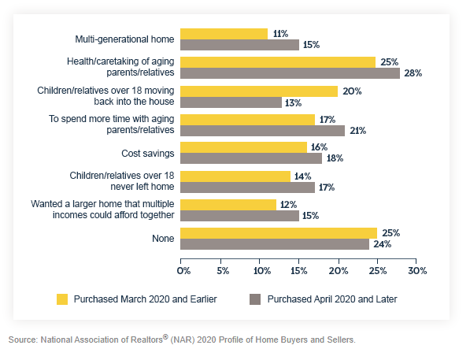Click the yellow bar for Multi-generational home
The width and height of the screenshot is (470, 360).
pos(224,34)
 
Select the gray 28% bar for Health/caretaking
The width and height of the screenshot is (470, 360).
pos(291,73)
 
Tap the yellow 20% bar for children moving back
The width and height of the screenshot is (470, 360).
pos(259,91)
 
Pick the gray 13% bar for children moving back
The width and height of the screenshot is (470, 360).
pos(231,102)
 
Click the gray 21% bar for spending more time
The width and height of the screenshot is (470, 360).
pos(263,130)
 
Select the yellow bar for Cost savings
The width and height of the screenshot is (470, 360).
pos(243,147)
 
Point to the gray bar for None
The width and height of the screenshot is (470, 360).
pos(275,244)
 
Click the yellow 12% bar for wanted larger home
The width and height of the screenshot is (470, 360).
pos(228,205)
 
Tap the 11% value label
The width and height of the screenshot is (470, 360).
pos(280,34)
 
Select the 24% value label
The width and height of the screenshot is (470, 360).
pos(383,244)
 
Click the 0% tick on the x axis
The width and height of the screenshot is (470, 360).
pos(183,270)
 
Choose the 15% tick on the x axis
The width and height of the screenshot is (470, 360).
pos(299,270)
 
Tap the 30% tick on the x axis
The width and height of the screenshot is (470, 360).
pos(416,270)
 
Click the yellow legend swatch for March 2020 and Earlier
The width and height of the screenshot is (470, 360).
pos(62,299)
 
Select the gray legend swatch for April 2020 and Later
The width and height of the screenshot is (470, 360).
pos(255,299)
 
